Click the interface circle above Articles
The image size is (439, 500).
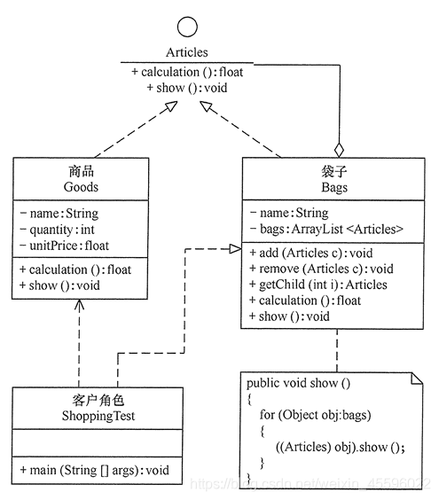click(x=186, y=25)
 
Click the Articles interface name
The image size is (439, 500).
click(x=186, y=53)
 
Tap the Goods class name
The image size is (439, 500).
click(x=82, y=187)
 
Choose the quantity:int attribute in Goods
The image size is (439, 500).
click(x=56, y=229)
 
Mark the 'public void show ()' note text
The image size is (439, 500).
click(x=299, y=383)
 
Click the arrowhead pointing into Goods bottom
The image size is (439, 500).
click(x=80, y=304)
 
